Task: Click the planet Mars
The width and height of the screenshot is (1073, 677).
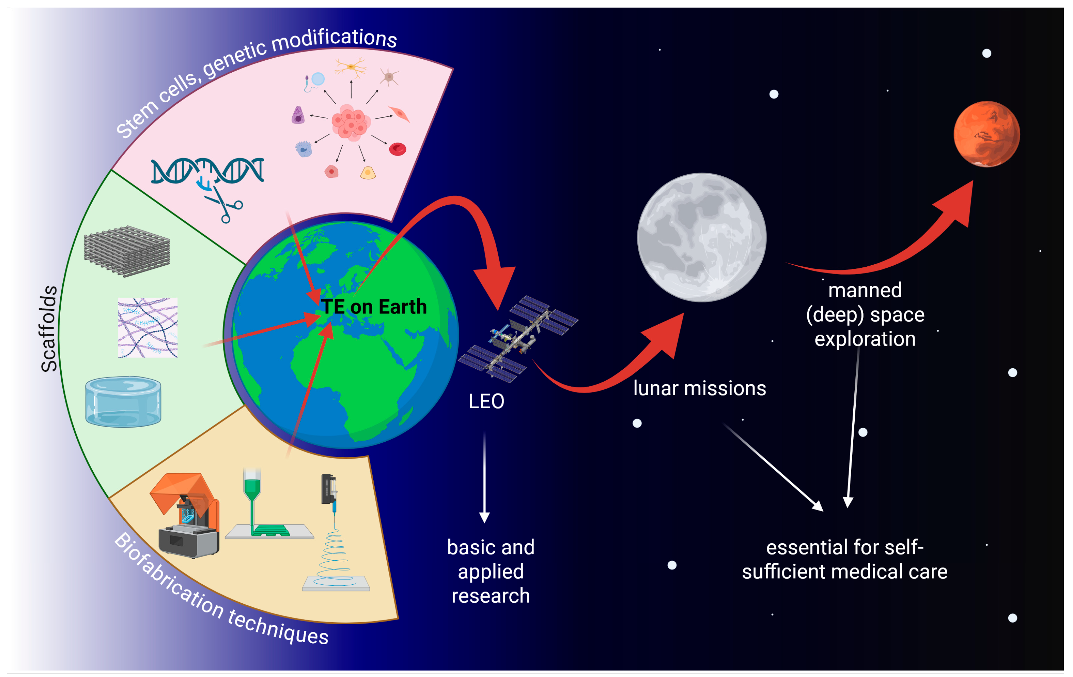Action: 986,134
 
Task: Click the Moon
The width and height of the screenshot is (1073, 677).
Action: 701,237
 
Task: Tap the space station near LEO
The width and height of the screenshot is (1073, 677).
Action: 518,339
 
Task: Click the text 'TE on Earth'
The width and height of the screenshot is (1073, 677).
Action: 374,307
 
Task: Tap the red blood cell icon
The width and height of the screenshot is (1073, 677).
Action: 397,149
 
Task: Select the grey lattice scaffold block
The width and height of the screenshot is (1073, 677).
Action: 127,250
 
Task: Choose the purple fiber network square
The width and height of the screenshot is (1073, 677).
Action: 147,327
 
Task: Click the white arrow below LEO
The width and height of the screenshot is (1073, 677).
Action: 485,477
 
